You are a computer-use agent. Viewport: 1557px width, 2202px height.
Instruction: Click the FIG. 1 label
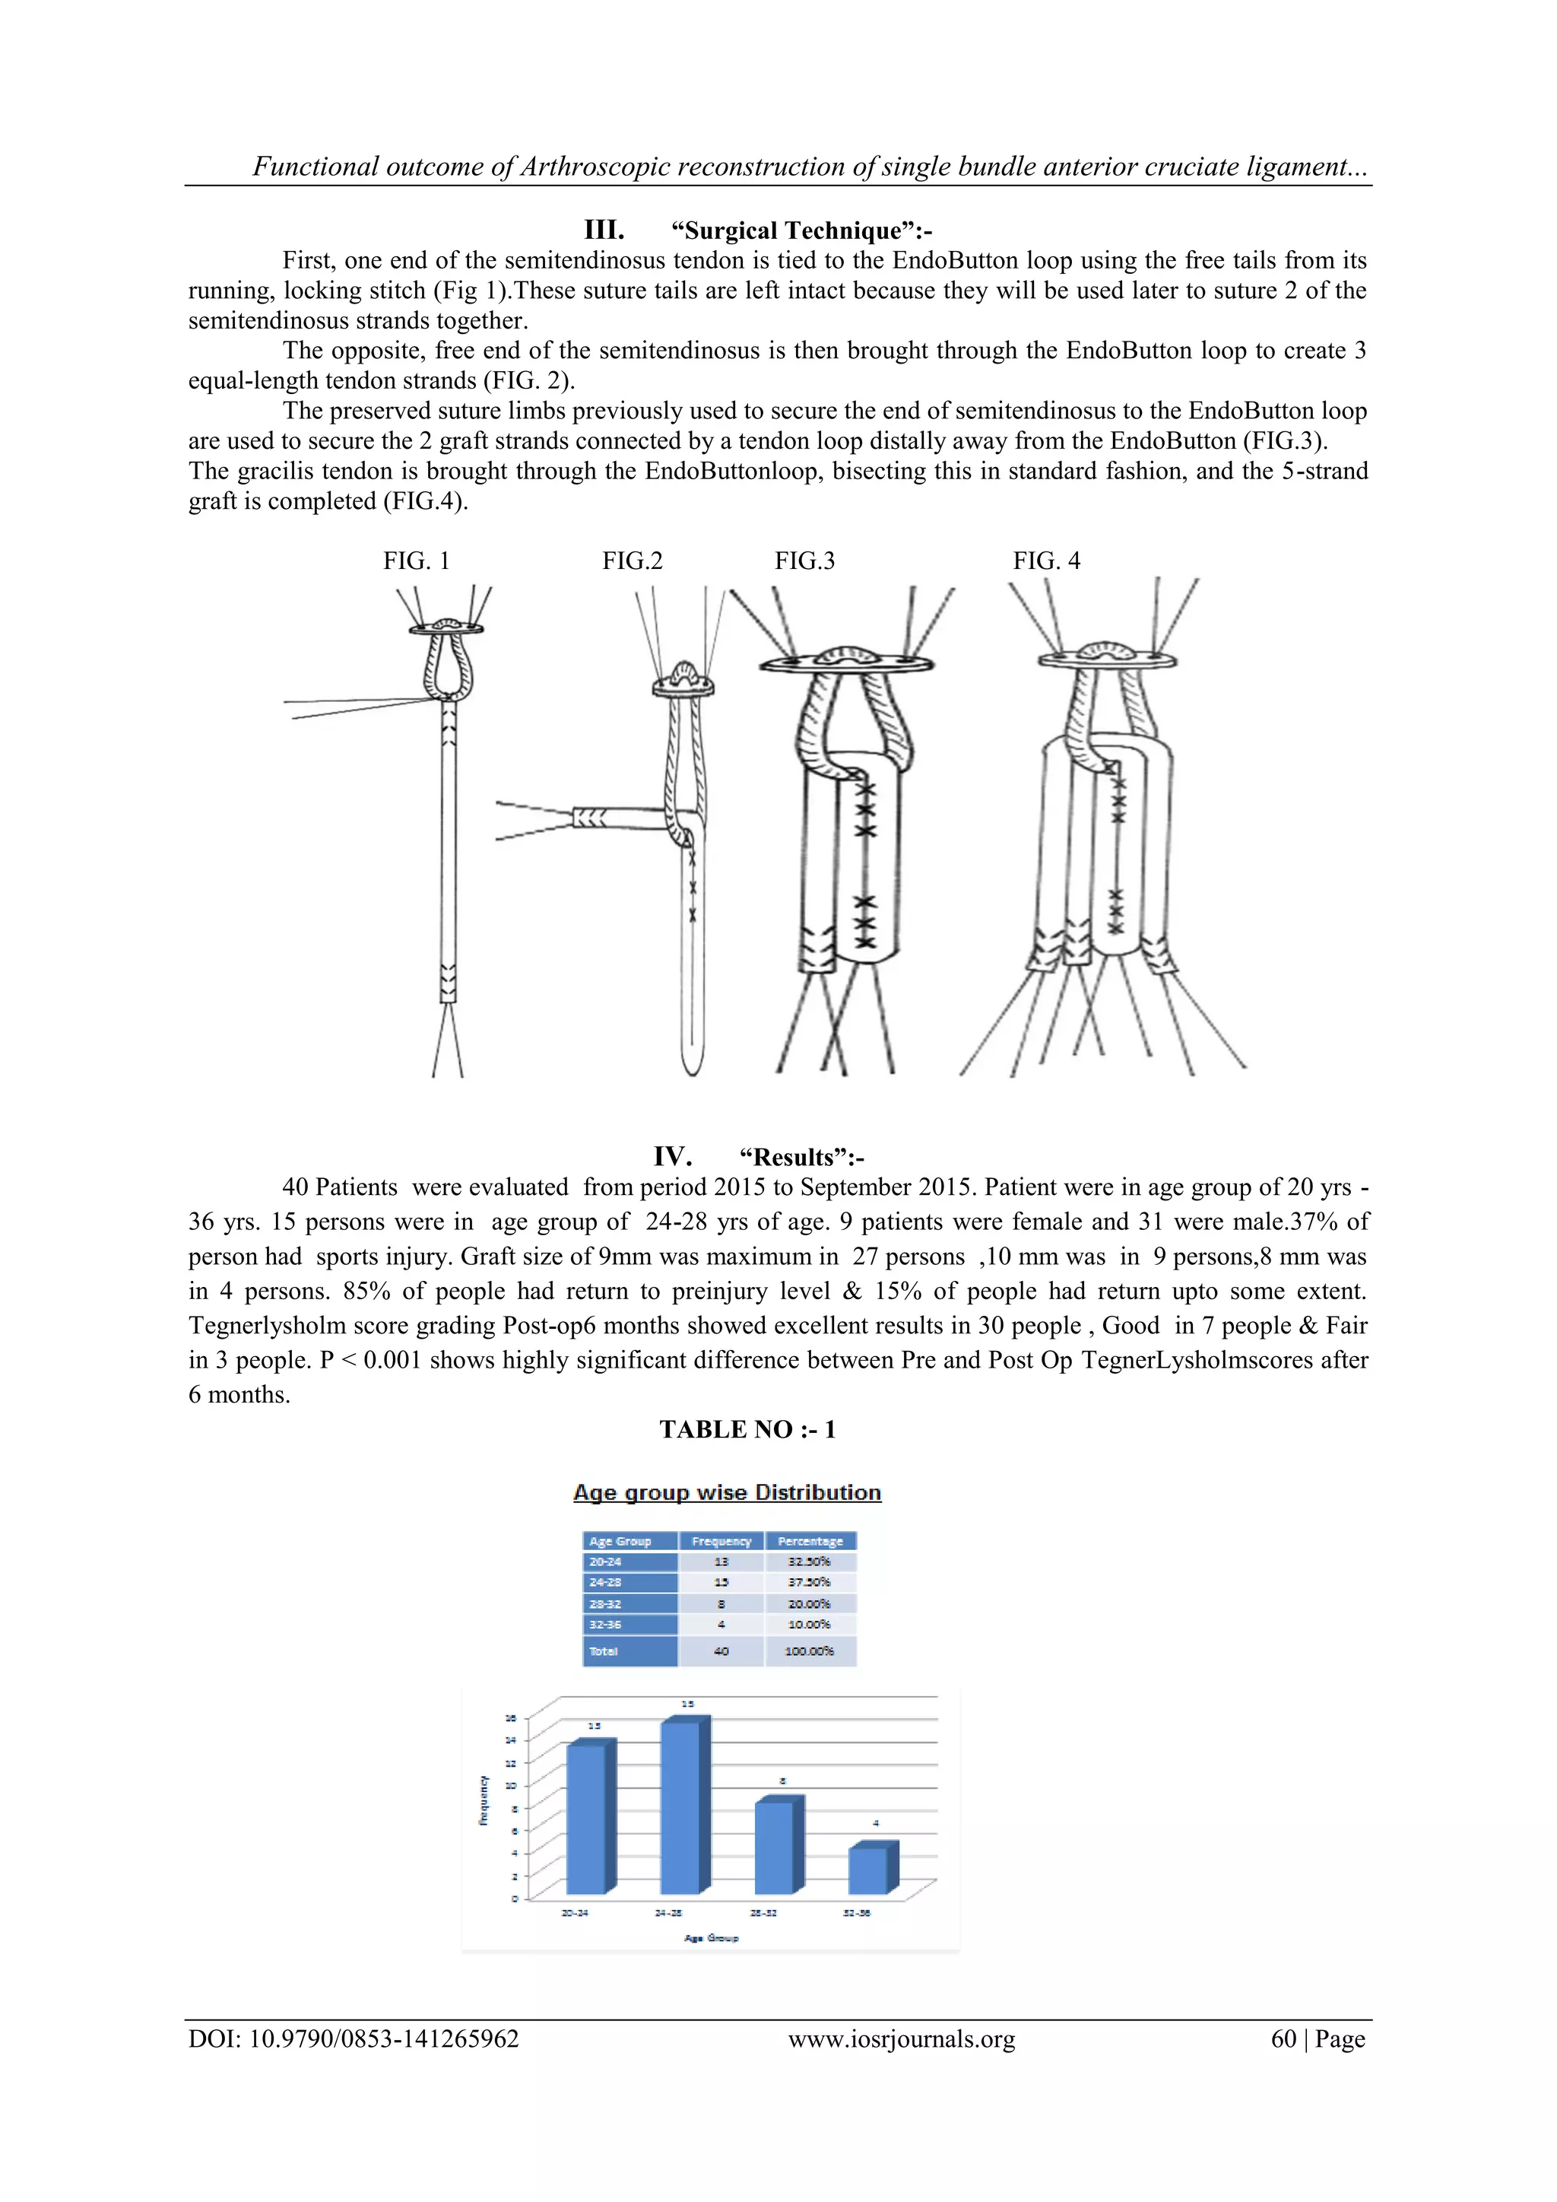pos(416,561)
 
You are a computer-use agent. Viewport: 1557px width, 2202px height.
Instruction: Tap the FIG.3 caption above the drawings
pos(804,561)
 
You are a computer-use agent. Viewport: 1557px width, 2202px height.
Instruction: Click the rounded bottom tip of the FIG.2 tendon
pos(691,1065)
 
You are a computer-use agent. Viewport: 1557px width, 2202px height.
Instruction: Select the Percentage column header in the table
pos(810,1541)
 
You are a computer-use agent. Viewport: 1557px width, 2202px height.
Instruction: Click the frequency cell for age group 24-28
pos(721,1582)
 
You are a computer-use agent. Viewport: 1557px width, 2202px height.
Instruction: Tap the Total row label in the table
pos(604,1651)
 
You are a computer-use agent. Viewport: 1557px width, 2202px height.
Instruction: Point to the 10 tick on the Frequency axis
pos(511,1786)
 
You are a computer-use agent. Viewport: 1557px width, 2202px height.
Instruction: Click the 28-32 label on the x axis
pos(763,1912)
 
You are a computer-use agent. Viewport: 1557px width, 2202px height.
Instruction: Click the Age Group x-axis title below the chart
pos(712,1938)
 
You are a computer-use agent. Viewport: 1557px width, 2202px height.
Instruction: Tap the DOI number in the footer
pos(383,2039)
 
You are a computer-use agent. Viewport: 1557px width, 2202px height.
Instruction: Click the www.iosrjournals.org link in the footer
pos(901,2039)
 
